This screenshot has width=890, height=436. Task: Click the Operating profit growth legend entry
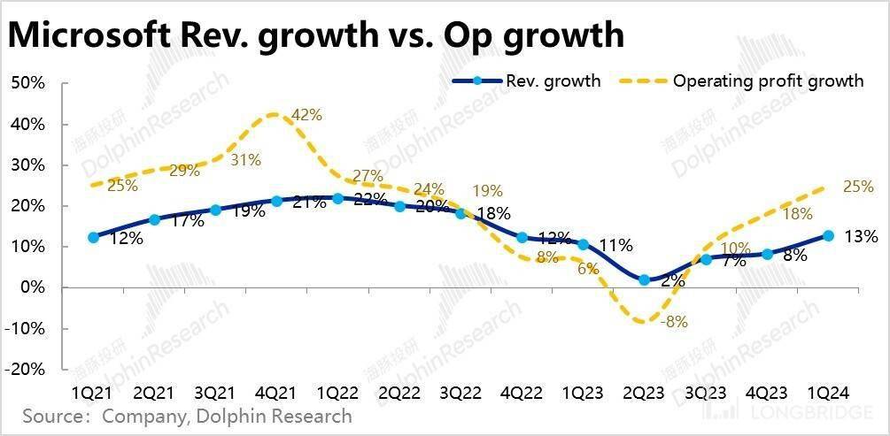click(768, 81)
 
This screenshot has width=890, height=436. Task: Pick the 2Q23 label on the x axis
click(645, 392)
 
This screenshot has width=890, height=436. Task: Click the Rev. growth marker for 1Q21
click(93, 237)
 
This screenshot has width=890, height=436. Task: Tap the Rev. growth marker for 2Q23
click(645, 279)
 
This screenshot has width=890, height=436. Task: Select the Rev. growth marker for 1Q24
click(828, 235)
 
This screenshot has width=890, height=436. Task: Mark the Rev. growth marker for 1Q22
click(338, 198)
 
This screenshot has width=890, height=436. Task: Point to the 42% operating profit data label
click(306, 115)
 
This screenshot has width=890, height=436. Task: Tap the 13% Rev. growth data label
click(861, 236)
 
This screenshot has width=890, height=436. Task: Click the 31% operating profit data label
click(245, 160)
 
